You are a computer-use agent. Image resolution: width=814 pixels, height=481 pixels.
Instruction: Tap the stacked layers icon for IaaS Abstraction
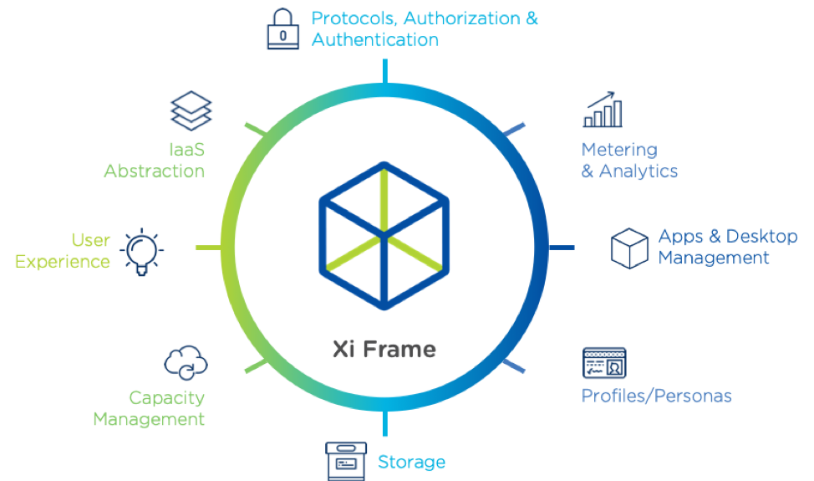click(x=191, y=111)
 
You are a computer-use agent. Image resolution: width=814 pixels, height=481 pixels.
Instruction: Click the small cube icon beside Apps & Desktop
click(x=629, y=248)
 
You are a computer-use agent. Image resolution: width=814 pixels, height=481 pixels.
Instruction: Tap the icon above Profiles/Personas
click(x=604, y=363)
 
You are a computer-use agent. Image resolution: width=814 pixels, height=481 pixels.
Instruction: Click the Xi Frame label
click(x=384, y=348)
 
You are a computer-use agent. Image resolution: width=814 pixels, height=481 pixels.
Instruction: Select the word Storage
click(x=411, y=462)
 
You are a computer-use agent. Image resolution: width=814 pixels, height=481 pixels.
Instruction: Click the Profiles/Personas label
click(x=657, y=396)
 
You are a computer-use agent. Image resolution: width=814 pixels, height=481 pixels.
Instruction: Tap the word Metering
click(x=619, y=151)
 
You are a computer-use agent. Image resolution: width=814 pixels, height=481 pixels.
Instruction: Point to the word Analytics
click(x=639, y=171)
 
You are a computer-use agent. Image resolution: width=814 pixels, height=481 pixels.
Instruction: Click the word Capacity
click(x=166, y=398)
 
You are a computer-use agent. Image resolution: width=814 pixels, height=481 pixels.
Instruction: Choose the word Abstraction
click(x=154, y=171)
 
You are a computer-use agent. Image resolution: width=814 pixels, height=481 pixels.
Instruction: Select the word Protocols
click(x=355, y=18)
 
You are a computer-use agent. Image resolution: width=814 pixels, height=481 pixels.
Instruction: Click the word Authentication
click(x=375, y=39)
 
